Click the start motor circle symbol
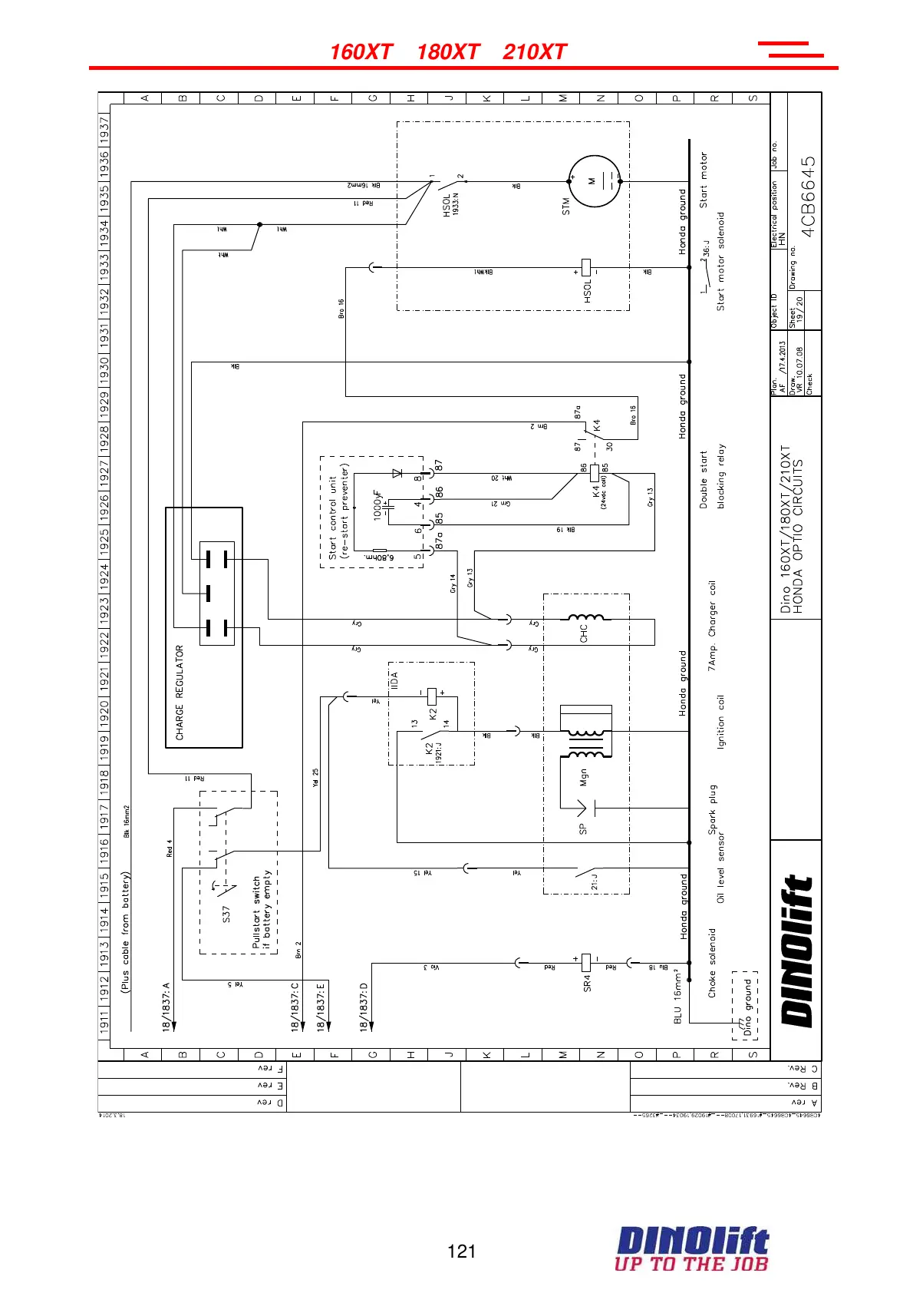tap(593, 181)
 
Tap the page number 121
tap(461, 1252)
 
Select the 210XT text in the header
tap(534, 52)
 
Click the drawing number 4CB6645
tap(809, 197)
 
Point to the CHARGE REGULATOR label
tap(180, 693)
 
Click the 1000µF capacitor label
tap(377, 505)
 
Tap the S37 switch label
tap(226, 914)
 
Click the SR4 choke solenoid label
tap(588, 983)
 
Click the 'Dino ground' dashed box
tap(745, 1005)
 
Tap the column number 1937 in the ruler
tap(104, 129)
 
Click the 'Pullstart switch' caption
tap(257, 912)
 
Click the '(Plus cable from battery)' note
tap(126, 932)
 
